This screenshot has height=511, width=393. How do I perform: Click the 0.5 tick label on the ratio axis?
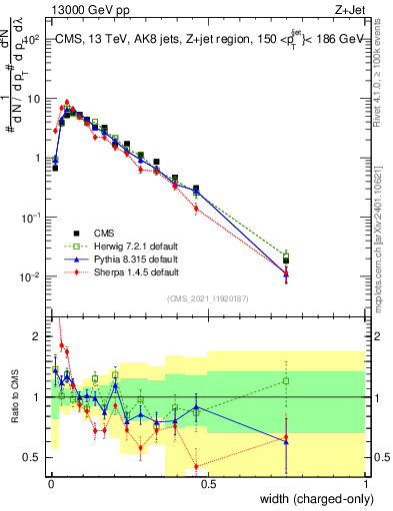tap(35, 457)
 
